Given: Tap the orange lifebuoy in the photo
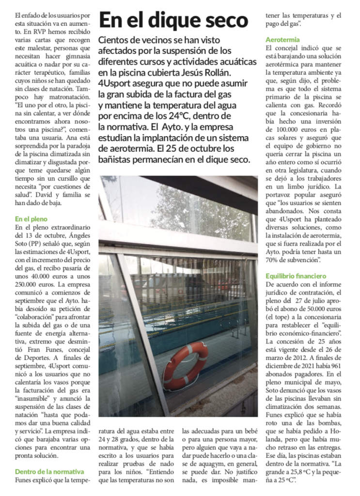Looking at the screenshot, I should (x=185, y=366).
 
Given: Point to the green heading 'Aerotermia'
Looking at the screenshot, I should (x=282, y=40).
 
